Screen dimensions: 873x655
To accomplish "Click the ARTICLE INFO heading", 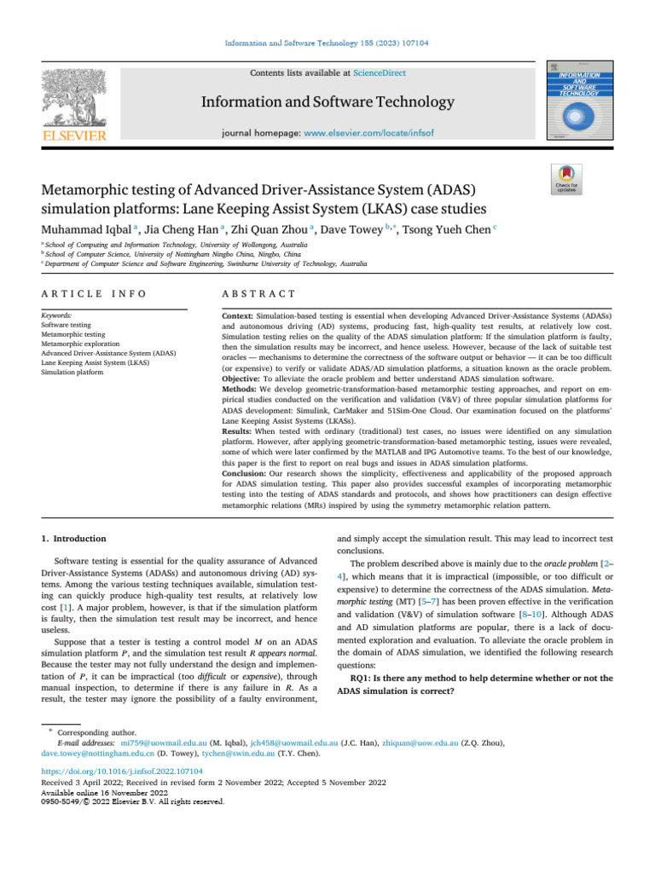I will (x=94, y=293).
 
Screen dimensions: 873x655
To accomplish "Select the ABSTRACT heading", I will (x=258, y=293).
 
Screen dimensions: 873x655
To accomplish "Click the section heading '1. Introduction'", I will (x=74, y=539).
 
